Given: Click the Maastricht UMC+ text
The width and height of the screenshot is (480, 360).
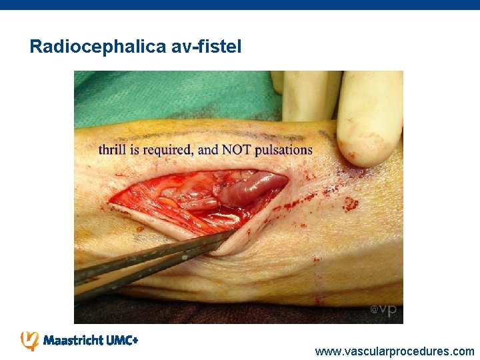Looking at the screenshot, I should pos(90,341).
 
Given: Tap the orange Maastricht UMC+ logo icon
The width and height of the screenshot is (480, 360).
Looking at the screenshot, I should pos(30,340).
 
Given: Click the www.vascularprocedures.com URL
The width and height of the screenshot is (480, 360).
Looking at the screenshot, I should pos(395,351).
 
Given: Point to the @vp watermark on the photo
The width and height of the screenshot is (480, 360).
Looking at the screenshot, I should pos(383,310).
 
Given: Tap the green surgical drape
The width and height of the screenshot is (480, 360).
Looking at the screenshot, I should pos(167,97).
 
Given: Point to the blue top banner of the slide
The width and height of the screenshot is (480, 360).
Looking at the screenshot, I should pos(240,4).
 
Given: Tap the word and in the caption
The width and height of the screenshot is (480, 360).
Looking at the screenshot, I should pos(208,149).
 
